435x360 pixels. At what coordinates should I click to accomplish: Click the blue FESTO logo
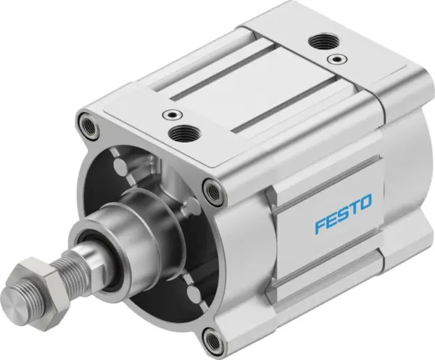click(343, 214)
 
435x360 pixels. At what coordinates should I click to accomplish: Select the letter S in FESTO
click(343, 214)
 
